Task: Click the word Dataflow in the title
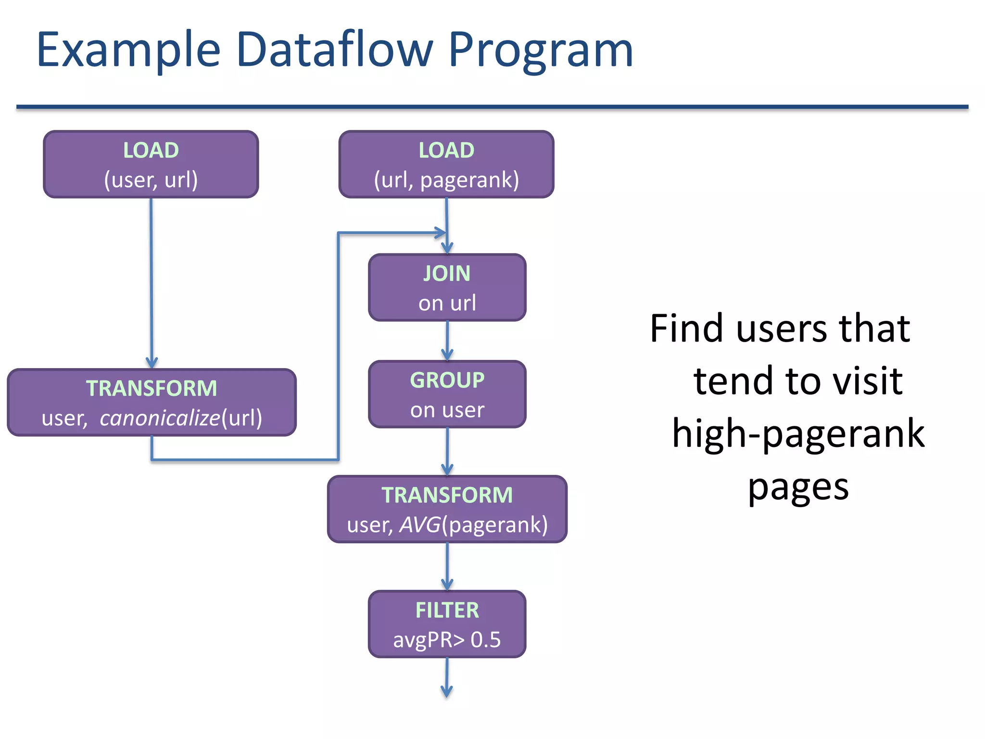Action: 334,50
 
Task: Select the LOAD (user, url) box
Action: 151,164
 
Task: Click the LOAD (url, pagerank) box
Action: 446,164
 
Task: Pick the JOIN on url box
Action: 447,287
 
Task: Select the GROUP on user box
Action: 447,394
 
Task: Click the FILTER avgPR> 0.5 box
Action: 447,624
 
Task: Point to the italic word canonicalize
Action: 160,418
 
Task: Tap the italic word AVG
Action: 419,525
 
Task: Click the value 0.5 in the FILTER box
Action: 485,640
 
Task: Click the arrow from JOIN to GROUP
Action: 447,341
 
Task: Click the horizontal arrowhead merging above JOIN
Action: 440,233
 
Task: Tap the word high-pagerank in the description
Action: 798,433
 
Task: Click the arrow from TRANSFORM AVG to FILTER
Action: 447,567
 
